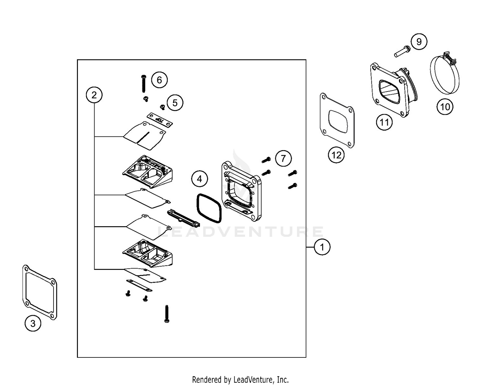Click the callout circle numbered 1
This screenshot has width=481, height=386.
point(322,247)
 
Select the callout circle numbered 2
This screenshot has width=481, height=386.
point(94,95)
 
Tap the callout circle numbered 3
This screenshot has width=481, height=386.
point(33,323)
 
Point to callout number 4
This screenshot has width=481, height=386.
point(199,179)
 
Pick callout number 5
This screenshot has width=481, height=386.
point(175,103)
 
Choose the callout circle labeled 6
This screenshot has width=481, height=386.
point(159,80)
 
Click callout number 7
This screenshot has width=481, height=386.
point(283,159)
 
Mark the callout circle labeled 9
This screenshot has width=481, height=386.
point(419,42)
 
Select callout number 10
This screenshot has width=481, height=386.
point(445,106)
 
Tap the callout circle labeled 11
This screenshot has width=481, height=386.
point(384,122)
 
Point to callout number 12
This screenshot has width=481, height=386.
point(336,155)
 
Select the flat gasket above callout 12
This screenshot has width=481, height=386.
point(338,120)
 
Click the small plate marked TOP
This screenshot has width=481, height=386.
point(160,120)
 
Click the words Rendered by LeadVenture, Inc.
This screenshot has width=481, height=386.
point(240,380)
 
